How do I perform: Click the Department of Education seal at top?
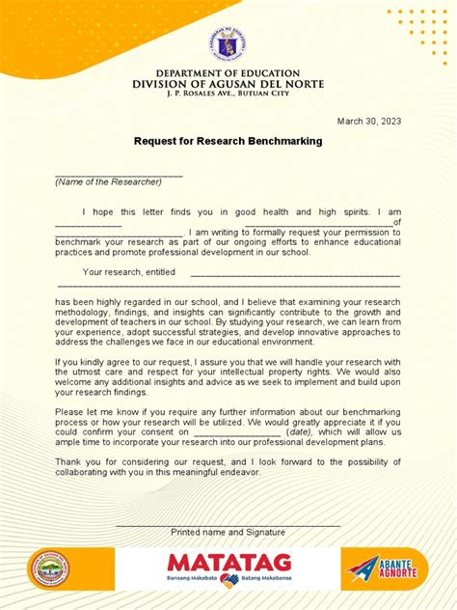click(x=228, y=45)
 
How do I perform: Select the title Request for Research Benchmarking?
click(x=228, y=141)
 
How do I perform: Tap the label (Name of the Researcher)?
click(x=108, y=181)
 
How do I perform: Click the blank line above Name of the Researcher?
click(x=119, y=174)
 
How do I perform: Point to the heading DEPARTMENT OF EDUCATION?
click(x=228, y=73)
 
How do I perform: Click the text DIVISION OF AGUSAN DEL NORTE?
click(x=228, y=84)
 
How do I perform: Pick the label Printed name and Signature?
click(x=228, y=532)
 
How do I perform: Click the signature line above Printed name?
click(x=228, y=524)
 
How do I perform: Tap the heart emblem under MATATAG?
click(x=228, y=580)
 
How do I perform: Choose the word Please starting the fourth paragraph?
click(x=69, y=410)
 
